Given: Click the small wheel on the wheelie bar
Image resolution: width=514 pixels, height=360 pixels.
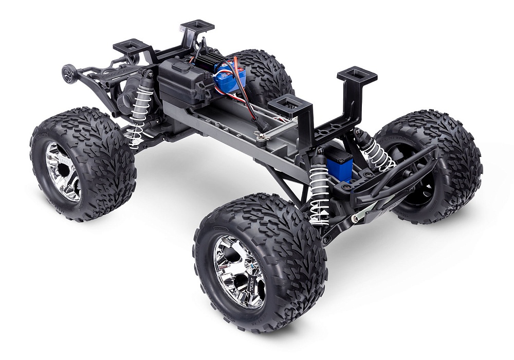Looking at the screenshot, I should point(67,73).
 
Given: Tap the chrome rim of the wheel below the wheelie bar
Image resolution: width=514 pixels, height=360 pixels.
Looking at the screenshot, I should point(63,171).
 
